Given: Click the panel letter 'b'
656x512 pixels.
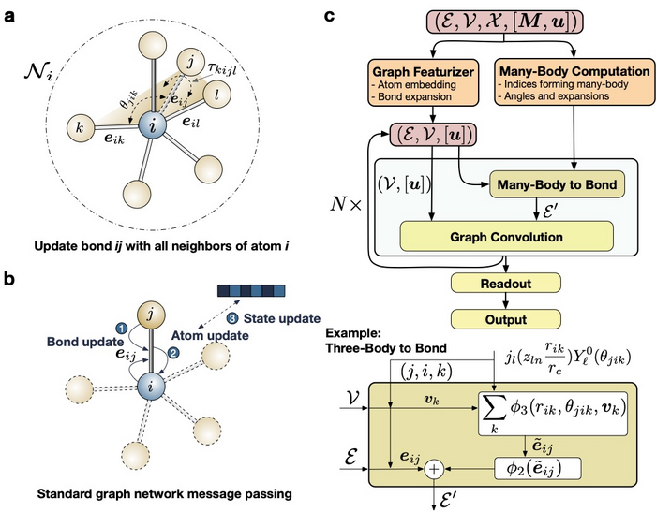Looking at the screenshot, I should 11,278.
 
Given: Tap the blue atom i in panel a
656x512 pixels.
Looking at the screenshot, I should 148,124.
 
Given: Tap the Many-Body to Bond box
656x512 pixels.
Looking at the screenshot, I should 555,184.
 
